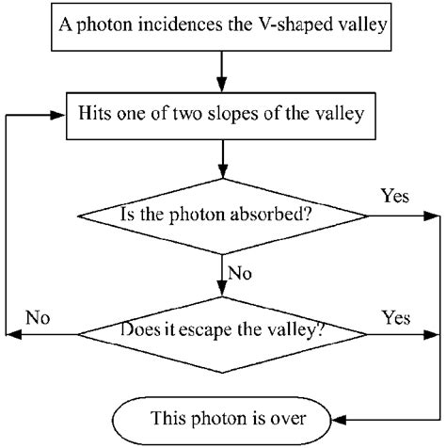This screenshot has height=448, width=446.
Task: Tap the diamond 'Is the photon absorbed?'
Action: tap(222, 214)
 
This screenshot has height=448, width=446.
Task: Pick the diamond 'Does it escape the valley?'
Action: tap(222, 332)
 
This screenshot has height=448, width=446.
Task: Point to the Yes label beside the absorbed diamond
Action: tap(394, 197)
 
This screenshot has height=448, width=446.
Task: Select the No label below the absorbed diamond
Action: tap(241, 275)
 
